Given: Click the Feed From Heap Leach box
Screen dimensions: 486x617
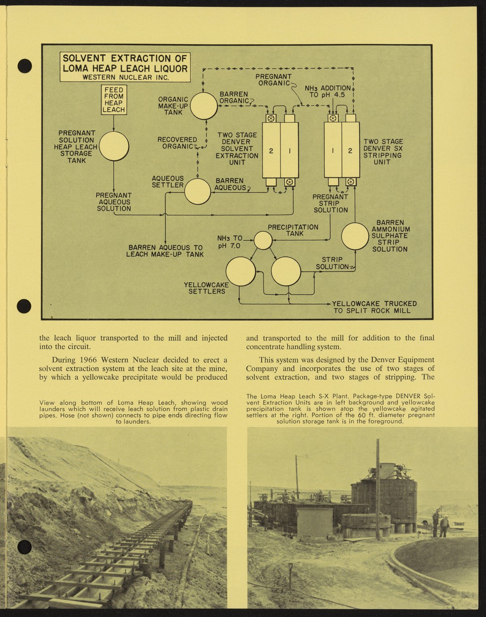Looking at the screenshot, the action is tap(114, 100).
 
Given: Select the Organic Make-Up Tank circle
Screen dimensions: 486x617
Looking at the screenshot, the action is tap(204, 106).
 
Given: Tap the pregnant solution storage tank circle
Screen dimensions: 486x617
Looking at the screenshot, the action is tap(114, 146).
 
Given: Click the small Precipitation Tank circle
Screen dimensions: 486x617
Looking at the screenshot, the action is tap(263, 240).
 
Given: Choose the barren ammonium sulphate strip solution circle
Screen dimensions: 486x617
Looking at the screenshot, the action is tap(355, 236).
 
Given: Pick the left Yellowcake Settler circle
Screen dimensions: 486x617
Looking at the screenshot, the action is tap(241, 271).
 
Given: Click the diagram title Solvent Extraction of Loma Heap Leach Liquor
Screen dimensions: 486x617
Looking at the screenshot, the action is tap(125, 64).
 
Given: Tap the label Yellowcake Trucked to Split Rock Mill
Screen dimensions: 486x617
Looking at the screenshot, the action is tap(375, 307).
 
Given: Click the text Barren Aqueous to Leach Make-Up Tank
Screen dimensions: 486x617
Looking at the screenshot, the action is tap(165, 251).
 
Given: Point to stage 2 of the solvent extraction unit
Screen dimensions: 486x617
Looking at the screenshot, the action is tap(271, 151).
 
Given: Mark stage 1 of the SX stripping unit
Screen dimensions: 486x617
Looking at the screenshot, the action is tap(333, 151).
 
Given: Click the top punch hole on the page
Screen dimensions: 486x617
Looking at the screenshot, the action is tap(25, 66).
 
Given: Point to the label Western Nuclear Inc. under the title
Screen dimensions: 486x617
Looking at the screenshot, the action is tap(125, 77).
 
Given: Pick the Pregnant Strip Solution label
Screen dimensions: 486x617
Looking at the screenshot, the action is tap(330, 203).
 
